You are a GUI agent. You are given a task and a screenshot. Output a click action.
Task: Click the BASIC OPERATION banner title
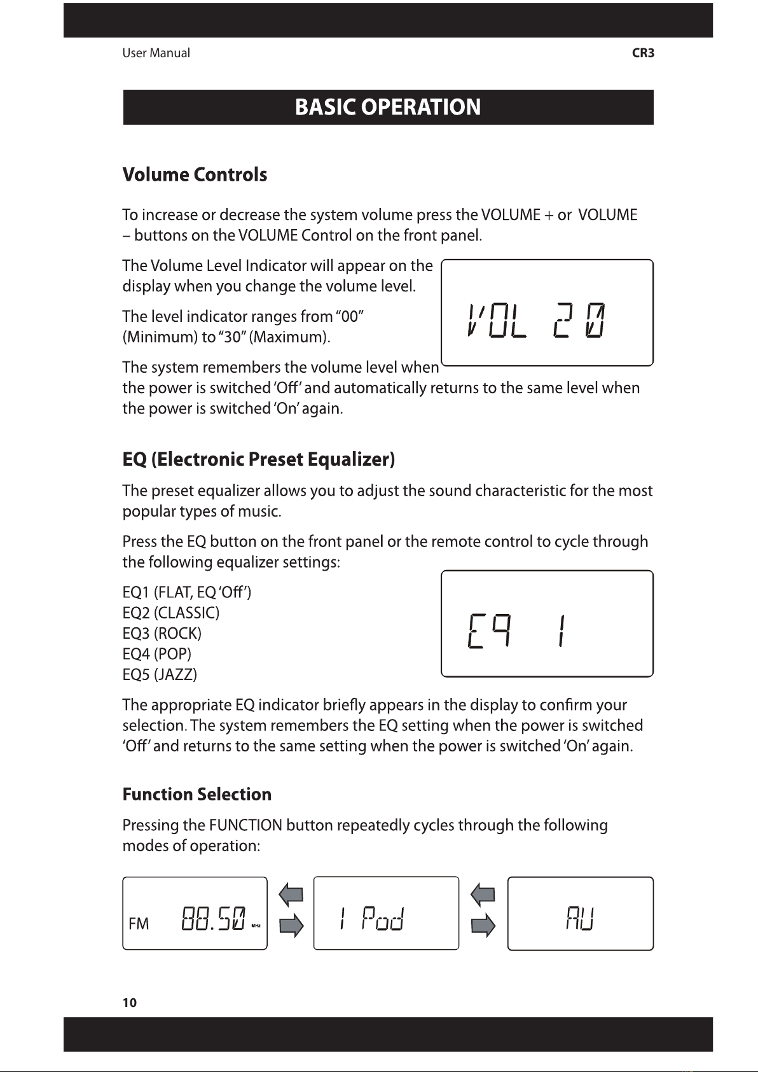click(388, 107)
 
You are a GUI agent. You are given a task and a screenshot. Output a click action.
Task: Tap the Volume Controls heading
click(195, 175)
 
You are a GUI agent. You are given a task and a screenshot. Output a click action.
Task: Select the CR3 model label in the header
click(643, 53)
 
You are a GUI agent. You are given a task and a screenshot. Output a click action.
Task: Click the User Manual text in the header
click(156, 53)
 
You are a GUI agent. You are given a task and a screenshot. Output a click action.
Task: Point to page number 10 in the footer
click(129, 1003)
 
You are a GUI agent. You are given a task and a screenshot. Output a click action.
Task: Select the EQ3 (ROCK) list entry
click(162, 634)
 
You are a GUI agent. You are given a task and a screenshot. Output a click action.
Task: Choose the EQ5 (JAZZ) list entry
click(160, 674)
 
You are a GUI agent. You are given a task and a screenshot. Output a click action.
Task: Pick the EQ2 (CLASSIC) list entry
click(170, 613)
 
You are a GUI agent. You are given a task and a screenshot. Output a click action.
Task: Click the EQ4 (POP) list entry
click(156, 654)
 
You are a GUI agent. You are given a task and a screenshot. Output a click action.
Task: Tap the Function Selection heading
click(196, 795)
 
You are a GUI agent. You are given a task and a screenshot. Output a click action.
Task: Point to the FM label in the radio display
click(139, 924)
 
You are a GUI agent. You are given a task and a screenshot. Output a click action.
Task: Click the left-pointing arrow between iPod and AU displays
click(483, 896)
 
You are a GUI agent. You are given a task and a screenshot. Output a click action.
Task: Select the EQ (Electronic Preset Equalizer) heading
click(259, 459)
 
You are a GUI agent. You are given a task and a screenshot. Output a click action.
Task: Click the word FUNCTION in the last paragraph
click(245, 826)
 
